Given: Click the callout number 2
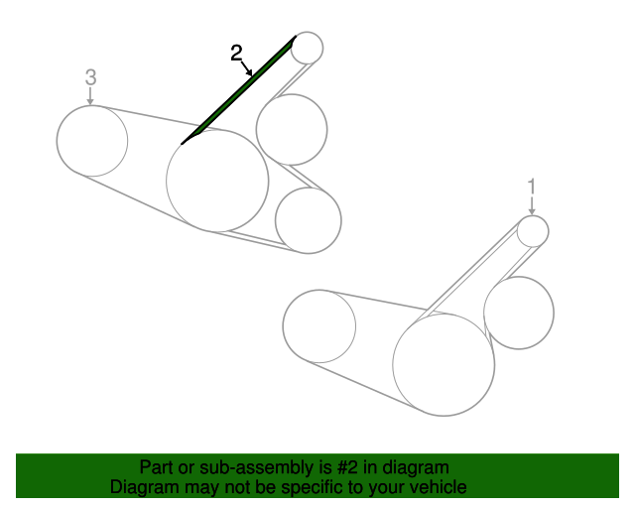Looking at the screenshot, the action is [x=236, y=53].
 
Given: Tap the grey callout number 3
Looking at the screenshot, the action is [x=91, y=77].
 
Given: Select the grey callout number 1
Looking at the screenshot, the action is [x=532, y=187].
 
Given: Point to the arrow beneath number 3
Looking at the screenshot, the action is [x=90, y=96].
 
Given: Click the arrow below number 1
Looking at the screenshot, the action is [x=532, y=206].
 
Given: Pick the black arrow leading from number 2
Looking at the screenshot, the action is [x=247, y=68].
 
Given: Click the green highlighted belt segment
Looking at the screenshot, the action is [x=238, y=90].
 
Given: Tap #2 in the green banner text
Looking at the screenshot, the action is [x=347, y=467].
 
